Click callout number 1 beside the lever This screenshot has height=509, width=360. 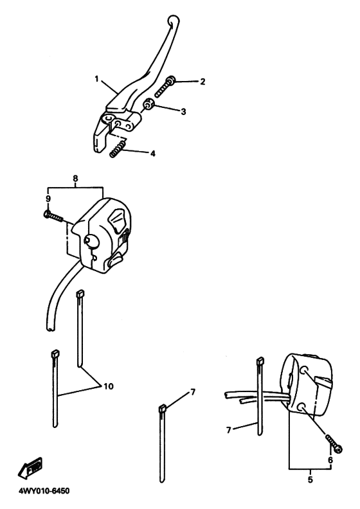point(96,79)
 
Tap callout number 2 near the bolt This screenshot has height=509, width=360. point(203,82)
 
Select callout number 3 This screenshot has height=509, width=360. point(183,112)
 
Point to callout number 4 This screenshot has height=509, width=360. point(152,153)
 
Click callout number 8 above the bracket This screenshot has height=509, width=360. point(75,178)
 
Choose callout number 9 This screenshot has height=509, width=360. point(48,199)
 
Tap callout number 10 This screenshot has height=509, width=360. point(109,386)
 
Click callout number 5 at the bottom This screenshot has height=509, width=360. point(310,479)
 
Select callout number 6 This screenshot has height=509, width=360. point(330,460)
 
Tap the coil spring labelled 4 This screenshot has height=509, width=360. point(117,148)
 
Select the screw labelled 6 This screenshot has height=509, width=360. point(334,443)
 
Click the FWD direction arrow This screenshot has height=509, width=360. point(30,468)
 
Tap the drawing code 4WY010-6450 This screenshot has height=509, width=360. point(43,491)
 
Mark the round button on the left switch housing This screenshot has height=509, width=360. point(90,240)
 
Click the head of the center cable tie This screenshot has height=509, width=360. point(162,408)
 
